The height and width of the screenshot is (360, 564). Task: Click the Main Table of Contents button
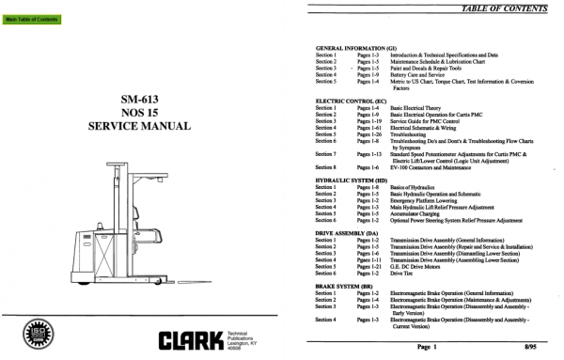pyautogui.click(x=32, y=19)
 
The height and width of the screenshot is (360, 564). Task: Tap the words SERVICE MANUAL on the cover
pyautogui.click(x=132, y=125)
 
